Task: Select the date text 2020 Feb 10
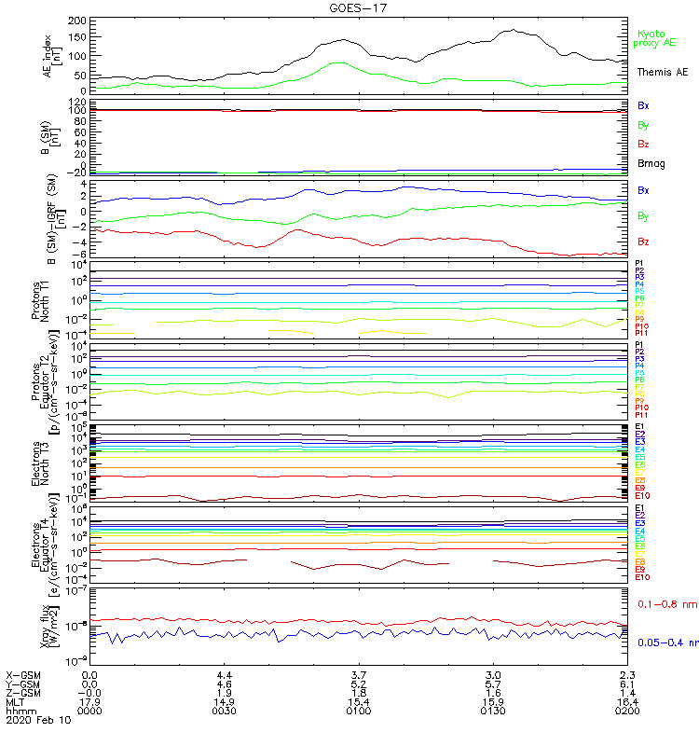(x=37, y=721)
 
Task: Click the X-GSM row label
(x=24, y=674)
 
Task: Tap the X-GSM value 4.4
(x=225, y=674)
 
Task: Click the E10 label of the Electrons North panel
(x=642, y=496)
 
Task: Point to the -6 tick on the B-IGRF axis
(x=82, y=254)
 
